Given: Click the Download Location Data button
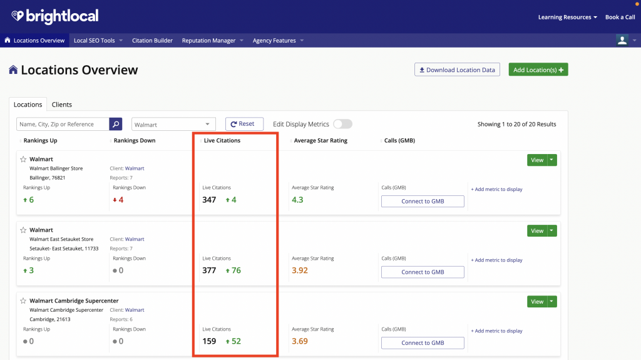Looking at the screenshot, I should pyautogui.click(x=457, y=69).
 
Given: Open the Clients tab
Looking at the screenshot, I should pyautogui.click(x=61, y=105).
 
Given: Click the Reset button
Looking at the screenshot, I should pyautogui.click(x=244, y=124).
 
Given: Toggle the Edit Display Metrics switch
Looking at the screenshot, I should pyautogui.click(x=342, y=124).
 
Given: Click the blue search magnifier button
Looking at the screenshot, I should pyautogui.click(x=116, y=124).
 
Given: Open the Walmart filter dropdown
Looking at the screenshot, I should pyautogui.click(x=173, y=124).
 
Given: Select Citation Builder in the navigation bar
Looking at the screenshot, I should pyautogui.click(x=152, y=41).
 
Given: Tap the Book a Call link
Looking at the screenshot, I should pyautogui.click(x=620, y=17).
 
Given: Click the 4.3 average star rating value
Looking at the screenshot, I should pyautogui.click(x=297, y=200).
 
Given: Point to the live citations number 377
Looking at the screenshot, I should pyautogui.click(x=209, y=270).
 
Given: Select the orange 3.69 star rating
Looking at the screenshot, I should pyautogui.click(x=299, y=341).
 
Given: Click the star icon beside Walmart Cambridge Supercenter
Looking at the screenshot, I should pyautogui.click(x=23, y=301).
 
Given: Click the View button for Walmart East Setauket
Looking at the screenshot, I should pyautogui.click(x=536, y=230).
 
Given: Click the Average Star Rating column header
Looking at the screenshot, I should pyautogui.click(x=320, y=140).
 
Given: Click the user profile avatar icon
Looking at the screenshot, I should pyautogui.click(x=622, y=40).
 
